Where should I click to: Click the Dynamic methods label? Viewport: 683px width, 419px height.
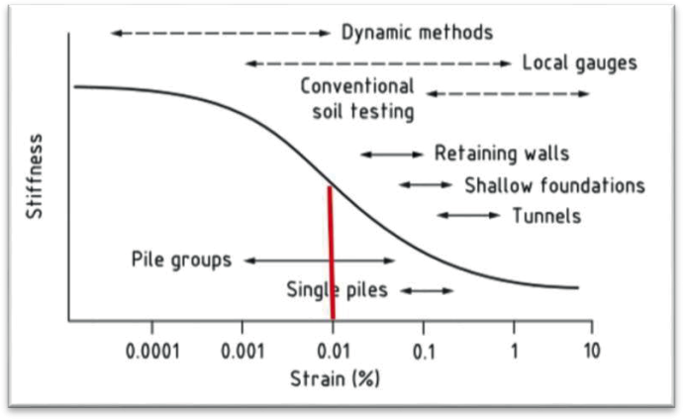pyautogui.click(x=417, y=33)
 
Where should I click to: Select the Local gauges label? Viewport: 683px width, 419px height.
pyautogui.click(x=579, y=63)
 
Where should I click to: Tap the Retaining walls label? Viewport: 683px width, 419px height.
pyautogui.click(x=502, y=154)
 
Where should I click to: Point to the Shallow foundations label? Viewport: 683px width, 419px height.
pyautogui.click(x=554, y=185)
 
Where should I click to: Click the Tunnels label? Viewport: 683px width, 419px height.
pyautogui.click(x=546, y=216)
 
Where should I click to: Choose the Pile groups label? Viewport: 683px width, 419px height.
pyautogui.click(x=181, y=261)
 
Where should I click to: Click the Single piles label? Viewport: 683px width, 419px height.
pyautogui.click(x=337, y=290)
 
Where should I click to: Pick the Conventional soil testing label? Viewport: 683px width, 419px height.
pyautogui.click(x=357, y=99)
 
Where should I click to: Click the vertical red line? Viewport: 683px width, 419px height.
pyautogui.click(x=331, y=254)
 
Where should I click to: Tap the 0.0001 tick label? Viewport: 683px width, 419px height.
pyautogui.click(x=152, y=351)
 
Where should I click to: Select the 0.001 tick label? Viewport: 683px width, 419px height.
pyautogui.click(x=243, y=351)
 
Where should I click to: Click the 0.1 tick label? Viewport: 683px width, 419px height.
pyautogui.click(x=424, y=352)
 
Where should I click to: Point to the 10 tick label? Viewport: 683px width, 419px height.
pyautogui.click(x=591, y=351)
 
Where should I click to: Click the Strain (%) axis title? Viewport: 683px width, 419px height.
pyautogui.click(x=335, y=378)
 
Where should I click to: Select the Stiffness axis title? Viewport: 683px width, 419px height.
pyautogui.click(x=34, y=175)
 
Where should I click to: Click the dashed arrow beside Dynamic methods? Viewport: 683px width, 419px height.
pyautogui.click(x=221, y=33)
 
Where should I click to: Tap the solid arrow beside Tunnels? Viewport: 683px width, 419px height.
pyautogui.click(x=468, y=215)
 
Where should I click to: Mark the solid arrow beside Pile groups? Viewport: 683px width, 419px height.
pyautogui.click(x=320, y=261)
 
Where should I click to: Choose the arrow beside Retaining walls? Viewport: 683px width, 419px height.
pyautogui.click(x=392, y=155)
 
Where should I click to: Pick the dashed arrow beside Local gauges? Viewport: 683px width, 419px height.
pyautogui.click(x=378, y=63)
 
